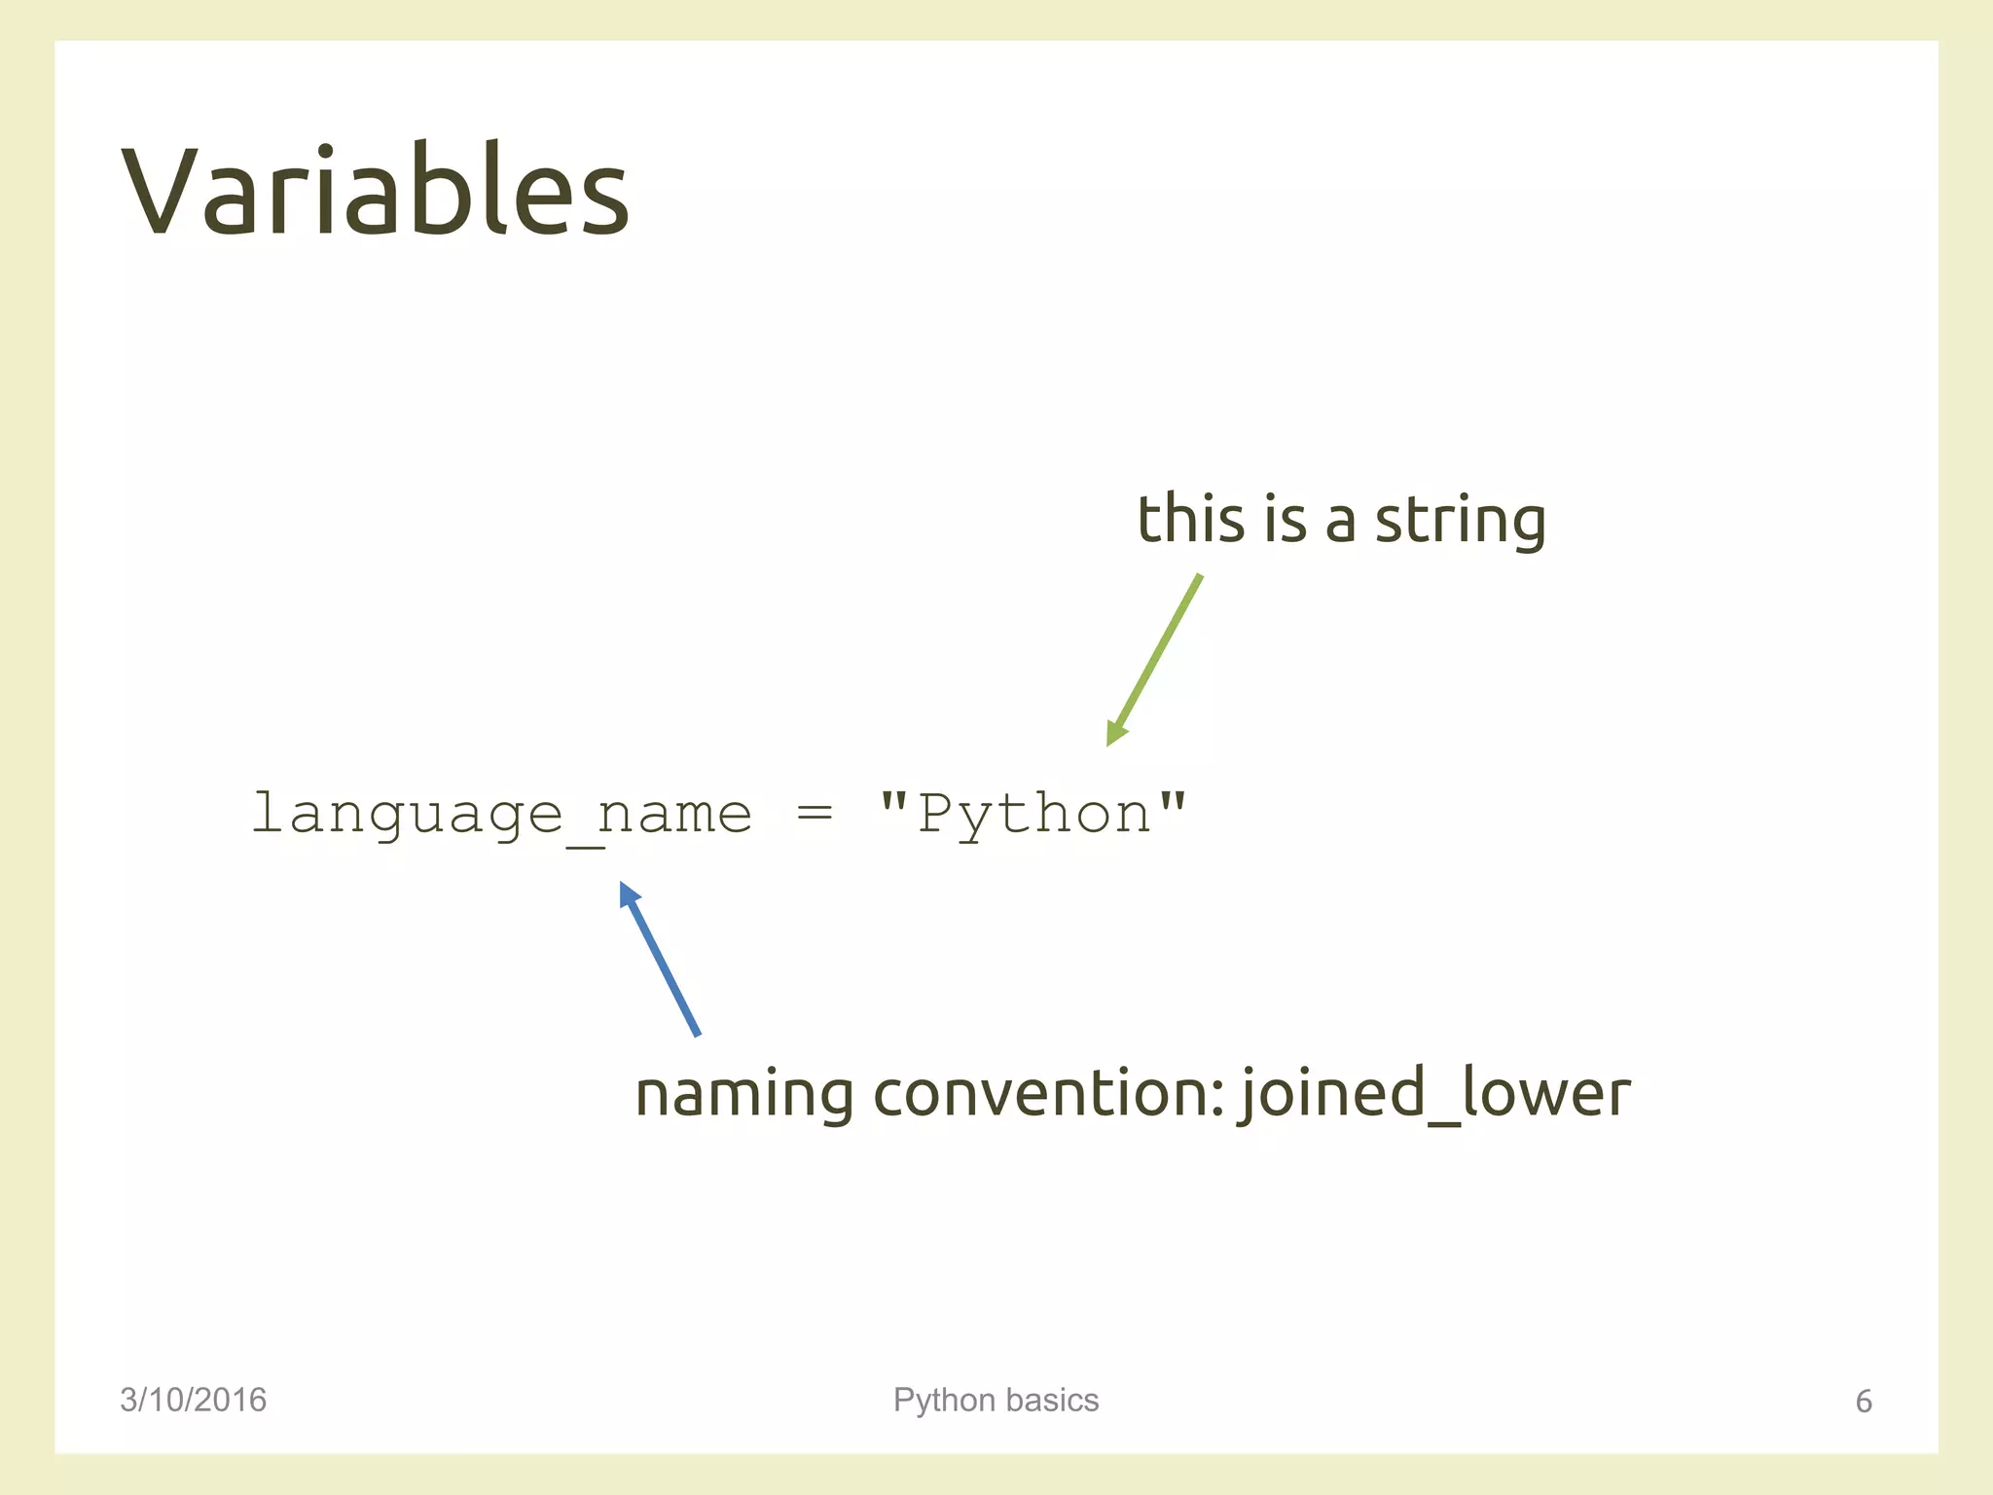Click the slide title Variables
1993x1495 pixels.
click(376, 191)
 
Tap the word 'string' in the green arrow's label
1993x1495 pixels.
click(1460, 521)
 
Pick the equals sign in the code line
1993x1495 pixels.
click(814, 813)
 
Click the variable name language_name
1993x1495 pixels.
click(501, 815)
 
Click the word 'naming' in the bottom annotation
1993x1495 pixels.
click(742, 1095)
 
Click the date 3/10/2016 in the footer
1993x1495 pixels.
click(193, 1400)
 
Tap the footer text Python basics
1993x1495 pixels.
click(996, 1400)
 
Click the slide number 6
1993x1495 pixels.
click(1864, 1402)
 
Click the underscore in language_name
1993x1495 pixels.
click(585, 845)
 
